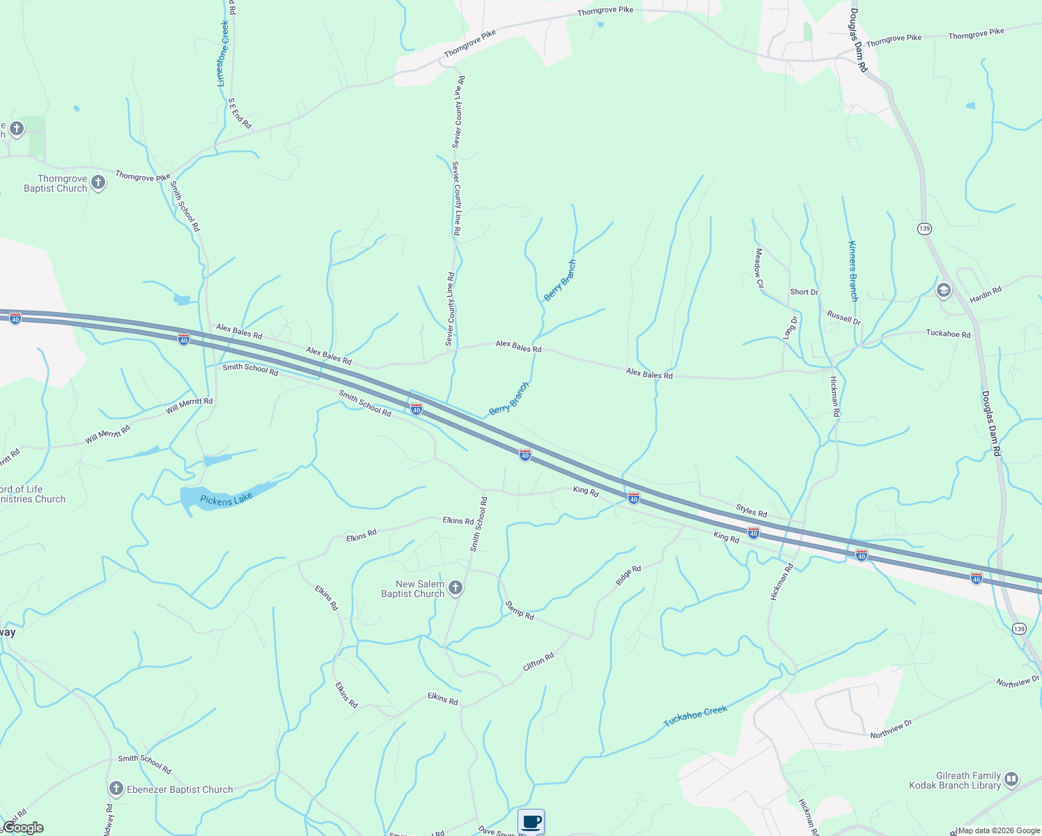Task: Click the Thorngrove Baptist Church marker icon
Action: pos(98,183)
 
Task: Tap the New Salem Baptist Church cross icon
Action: pos(456,588)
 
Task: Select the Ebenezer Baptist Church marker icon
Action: pos(116,789)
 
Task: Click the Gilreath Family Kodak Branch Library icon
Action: pos(1011,779)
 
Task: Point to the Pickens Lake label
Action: pos(226,500)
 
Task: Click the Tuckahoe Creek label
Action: pos(695,716)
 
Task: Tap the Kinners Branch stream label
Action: pos(853,271)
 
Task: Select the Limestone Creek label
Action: pos(223,54)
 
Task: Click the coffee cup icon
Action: pos(531,821)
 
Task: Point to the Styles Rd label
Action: pos(752,511)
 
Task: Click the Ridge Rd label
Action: pos(628,575)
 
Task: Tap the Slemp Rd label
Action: pos(520,610)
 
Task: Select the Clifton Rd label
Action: pos(538,662)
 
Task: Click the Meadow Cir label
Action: pos(759,268)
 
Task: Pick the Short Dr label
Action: pos(804,292)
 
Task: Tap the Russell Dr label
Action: pos(844,318)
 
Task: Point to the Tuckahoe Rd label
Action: pos(948,334)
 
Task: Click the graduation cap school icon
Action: pos(944,290)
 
